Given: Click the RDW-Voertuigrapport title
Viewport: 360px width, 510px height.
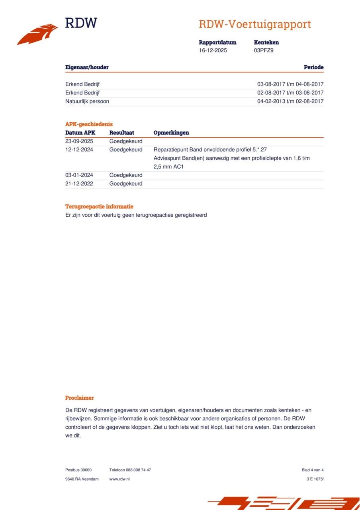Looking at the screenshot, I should [x=255, y=24].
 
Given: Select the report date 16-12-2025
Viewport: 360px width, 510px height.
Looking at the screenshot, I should [x=213, y=51].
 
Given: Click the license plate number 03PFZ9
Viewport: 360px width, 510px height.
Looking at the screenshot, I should [x=264, y=51].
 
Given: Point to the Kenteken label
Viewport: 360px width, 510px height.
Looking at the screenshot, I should [x=266, y=42].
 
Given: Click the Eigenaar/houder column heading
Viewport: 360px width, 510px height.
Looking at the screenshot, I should [x=87, y=67].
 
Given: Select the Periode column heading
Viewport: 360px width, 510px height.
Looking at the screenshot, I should [x=313, y=67].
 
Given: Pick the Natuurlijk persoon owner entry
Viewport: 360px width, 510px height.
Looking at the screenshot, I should [x=87, y=101].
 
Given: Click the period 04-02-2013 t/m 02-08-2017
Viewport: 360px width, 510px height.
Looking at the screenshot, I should [x=290, y=101].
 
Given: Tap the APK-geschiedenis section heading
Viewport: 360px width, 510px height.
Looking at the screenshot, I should [x=89, y=124].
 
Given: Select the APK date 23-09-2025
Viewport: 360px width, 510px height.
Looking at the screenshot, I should [x=79, y=141].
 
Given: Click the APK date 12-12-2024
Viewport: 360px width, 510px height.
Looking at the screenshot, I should [x=79, y=150].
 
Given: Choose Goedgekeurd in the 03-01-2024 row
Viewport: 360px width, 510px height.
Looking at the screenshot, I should [x=126, y=175].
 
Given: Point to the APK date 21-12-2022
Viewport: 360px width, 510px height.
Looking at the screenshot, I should [x=79, y=184].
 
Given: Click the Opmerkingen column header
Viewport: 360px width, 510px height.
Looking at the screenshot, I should [x=171, y=133].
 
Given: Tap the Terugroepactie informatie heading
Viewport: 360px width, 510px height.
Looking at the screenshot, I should [x=99, y=207].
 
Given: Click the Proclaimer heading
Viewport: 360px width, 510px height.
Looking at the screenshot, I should [x=80, y=398].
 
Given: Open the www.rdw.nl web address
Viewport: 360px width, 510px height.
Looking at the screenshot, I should [x=119, y=479].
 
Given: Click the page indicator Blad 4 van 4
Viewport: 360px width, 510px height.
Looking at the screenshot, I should [x=313, y=470].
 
